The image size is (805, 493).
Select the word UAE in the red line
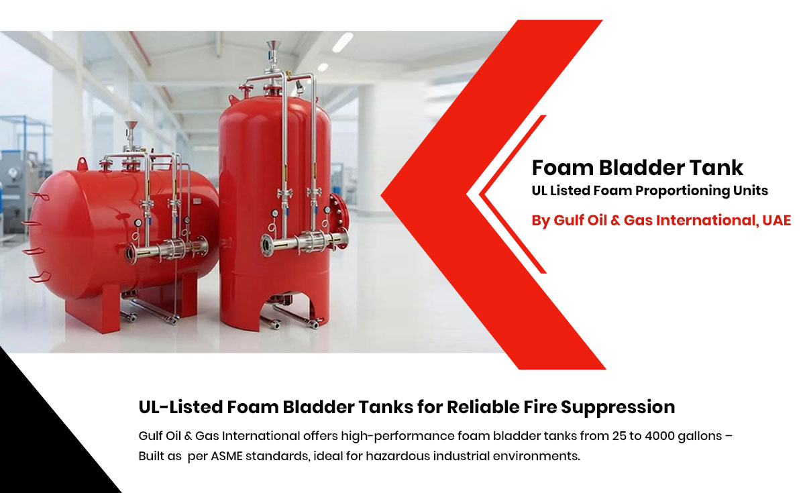[x=777, y=220]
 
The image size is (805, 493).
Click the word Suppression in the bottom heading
[x=618, y=408]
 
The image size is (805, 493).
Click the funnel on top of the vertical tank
[x=274, y=46]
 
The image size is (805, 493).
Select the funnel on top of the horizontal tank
[x=131, y=126]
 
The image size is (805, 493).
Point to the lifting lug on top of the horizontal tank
[x=83, y=164]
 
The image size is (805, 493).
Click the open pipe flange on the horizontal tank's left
[x=130, y=254]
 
